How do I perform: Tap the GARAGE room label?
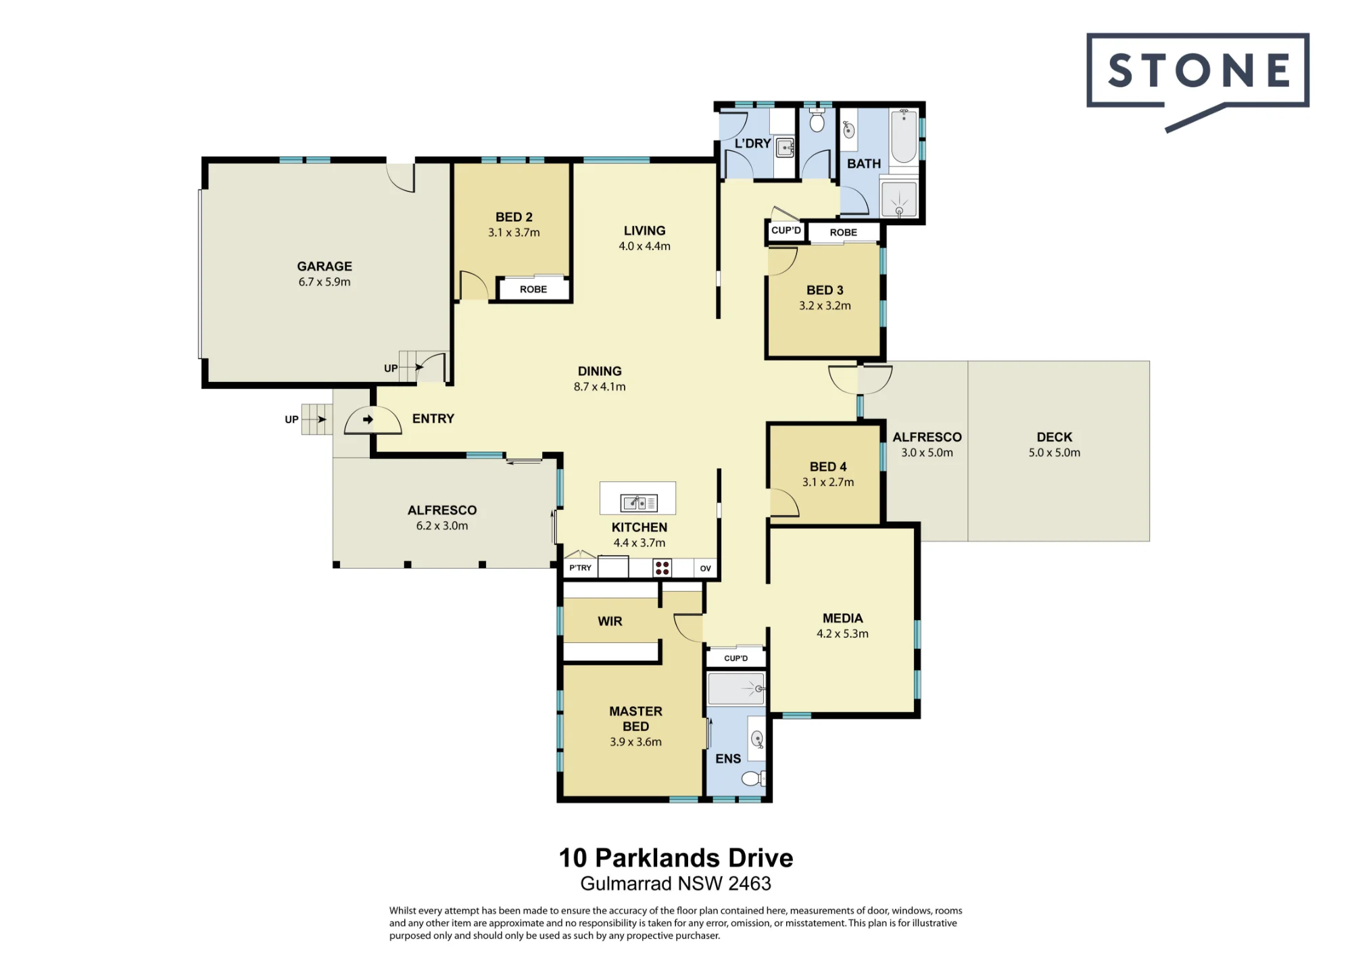[324, 266]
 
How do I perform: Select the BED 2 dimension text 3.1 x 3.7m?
[514, 233]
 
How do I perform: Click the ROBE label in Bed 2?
[533, 289]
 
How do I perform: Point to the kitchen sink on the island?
[639, 503]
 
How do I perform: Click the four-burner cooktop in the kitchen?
[662, 568]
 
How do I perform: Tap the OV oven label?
[705, 569]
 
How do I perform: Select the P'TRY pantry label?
[580, 568]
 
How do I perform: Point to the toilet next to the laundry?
[817, 120]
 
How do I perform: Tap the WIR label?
[610, 621]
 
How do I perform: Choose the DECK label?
[1055, 437]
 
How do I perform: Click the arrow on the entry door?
[368, 419]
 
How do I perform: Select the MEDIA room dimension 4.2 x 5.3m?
[842, 634]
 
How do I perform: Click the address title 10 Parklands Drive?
[676, 858]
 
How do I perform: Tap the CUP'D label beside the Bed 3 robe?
[786, 231]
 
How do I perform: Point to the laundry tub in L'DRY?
[785, 147]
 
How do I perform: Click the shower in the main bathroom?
[899, 199]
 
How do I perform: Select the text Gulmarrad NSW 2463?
[676, 884]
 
